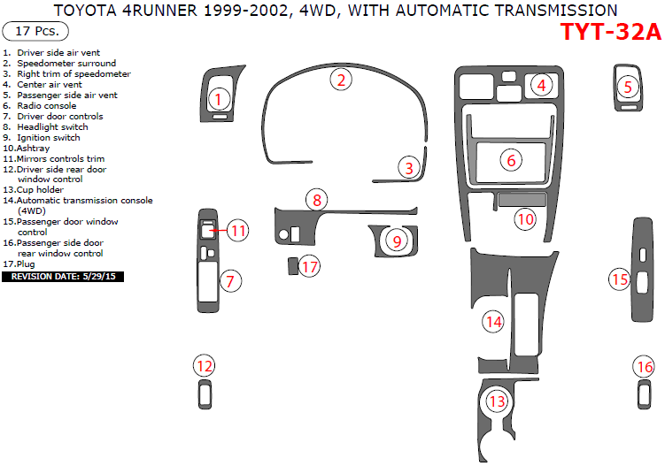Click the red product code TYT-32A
[x=611, y=33]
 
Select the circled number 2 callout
[x=342, y=80]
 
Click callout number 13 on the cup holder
[x=498, y=401]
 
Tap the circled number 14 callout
[x=493, y=322]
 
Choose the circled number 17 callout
[x=309, y=267]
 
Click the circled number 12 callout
[x=205, y=365]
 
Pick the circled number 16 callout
[x=645, y=366]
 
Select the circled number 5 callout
[x=628, y=87]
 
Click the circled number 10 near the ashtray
[x=526, y=218]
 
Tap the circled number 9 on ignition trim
[x=398, y=241]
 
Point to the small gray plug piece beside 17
[x=291, y=264]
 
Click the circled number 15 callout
[x=619, y=279]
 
